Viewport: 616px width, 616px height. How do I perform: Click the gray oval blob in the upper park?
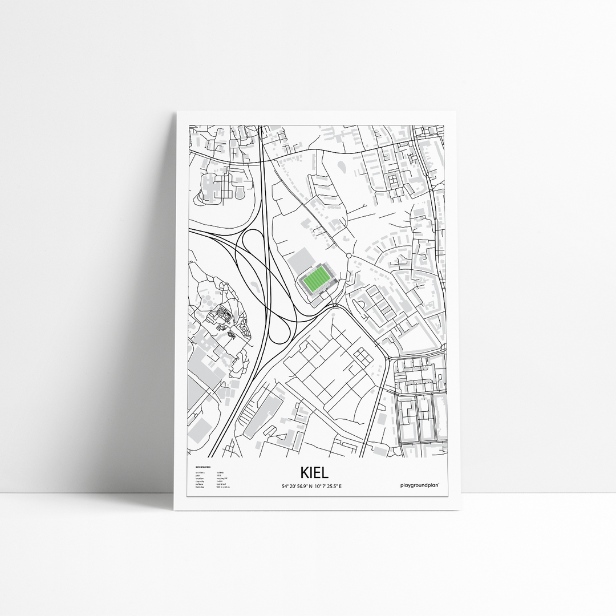tap(342, 167)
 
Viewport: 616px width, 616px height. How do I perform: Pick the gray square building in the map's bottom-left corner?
tap(201, 428)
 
